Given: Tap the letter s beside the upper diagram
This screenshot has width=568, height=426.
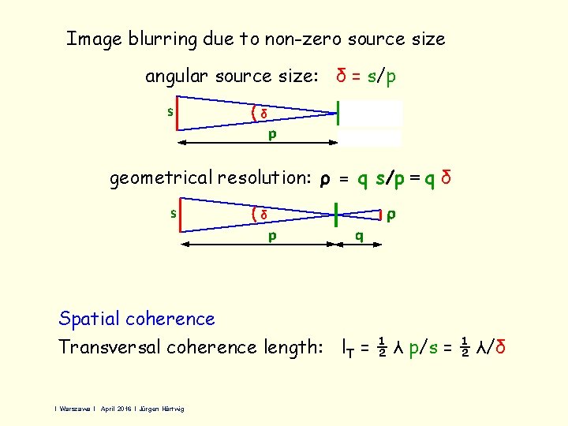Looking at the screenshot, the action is (170, 111).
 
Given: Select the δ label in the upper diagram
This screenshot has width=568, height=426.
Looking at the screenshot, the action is (264, 115).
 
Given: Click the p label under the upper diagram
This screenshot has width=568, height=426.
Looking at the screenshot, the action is (271, 134).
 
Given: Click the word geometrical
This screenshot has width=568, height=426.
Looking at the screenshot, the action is (161, 179).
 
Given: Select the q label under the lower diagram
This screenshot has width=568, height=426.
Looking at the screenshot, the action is (360, 235).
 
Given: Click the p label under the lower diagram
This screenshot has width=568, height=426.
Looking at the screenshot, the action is (271, 235).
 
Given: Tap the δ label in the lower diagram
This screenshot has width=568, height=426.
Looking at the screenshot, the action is (264, 215).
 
